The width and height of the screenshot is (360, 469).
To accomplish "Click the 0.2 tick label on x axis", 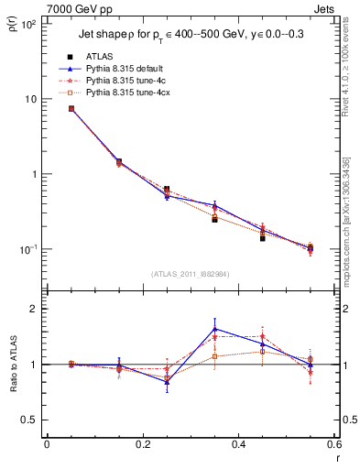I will coord(142,444).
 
